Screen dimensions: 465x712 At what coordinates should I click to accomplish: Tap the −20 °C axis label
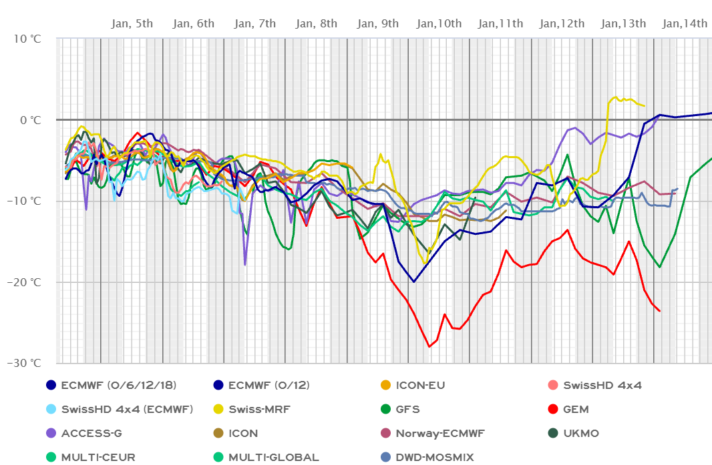click(24, 282)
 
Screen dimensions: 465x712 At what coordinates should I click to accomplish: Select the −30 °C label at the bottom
click(24, 364)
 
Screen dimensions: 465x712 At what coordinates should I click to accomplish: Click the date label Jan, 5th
click(132, 24)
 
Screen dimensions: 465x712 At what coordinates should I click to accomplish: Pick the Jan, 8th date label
click(317, 24)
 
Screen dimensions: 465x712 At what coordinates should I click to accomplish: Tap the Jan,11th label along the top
click(500, 24)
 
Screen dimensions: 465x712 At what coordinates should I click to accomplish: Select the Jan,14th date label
click(685, 24)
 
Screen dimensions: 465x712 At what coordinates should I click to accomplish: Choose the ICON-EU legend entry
click(420, 385)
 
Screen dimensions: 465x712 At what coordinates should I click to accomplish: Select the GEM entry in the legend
click(576, 409)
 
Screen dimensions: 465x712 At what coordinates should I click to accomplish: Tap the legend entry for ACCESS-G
click(91, 433)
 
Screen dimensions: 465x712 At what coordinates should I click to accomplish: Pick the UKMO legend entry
click(580, 433)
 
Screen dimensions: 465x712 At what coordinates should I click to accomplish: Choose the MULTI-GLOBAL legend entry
click(273, 457)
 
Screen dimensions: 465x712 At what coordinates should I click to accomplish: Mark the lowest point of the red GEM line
click(429, 347)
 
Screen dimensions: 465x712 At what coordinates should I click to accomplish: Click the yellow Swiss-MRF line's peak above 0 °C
click(616, 97)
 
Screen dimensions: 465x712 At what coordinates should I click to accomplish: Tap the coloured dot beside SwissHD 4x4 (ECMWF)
click(51, 409)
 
